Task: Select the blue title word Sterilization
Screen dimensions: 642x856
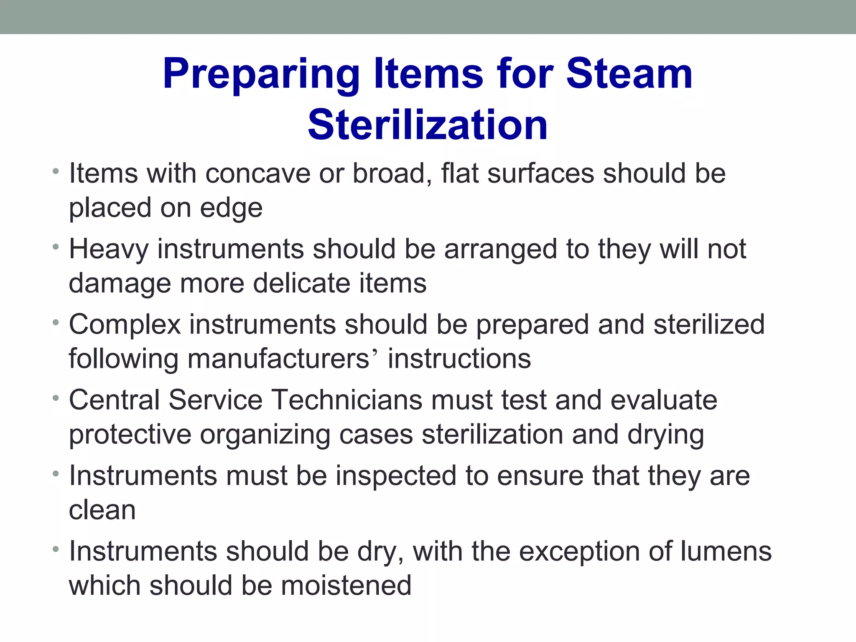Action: click(428, 125)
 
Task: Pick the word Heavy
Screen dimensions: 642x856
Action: click(109, 250)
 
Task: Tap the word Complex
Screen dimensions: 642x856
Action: click(125, 325)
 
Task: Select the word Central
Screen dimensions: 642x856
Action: click(114, 400)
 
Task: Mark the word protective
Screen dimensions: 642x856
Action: click(130, 435)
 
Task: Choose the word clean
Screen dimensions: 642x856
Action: click(102, 510)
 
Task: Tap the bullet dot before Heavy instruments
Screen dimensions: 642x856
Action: click(56, 247)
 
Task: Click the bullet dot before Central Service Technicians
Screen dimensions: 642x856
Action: click(56, 398)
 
